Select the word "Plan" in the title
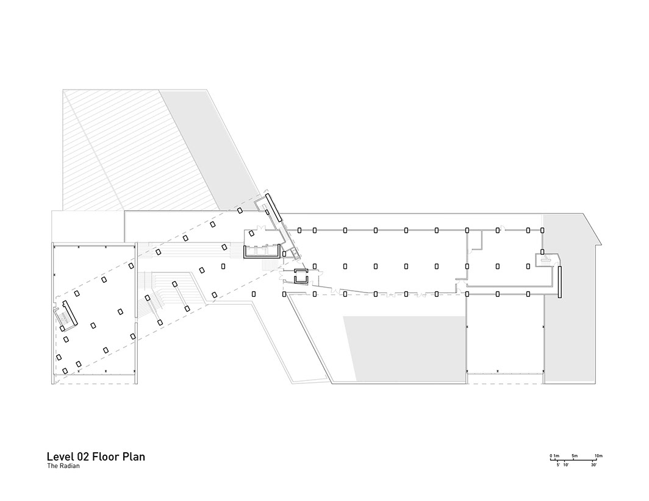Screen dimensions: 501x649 (x=134, y=457)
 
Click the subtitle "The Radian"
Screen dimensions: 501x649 (x=63, y=467)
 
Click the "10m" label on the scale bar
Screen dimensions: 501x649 (x=598, y=456)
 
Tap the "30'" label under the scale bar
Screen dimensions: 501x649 (x=593, y=465)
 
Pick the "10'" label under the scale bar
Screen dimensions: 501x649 (x=566, y=465)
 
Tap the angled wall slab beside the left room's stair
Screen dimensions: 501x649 (x=69, y=315)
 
